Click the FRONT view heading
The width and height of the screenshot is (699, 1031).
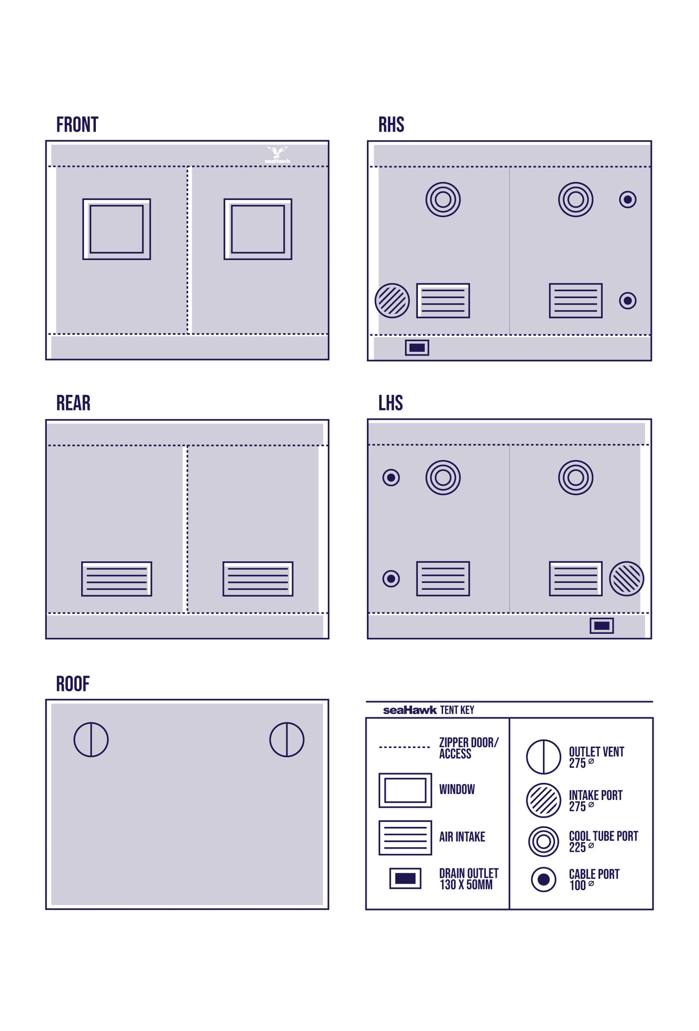tap(77, 125)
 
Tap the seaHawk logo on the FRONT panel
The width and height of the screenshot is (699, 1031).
tap(277, 155)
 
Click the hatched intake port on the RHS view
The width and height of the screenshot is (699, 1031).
tap(392, 300)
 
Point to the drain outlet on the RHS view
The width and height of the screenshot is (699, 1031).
tap(417, 347)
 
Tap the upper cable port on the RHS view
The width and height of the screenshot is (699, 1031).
tap(628, 199)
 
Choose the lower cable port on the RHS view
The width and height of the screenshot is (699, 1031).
tap(628, 300)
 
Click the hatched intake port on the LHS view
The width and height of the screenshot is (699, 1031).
tap(626, 579)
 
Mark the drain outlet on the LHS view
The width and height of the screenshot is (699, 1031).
tap(602, 626)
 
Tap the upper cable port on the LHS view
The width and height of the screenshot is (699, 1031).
tap(391, 478)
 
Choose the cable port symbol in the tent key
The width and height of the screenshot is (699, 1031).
tap(544, 879)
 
